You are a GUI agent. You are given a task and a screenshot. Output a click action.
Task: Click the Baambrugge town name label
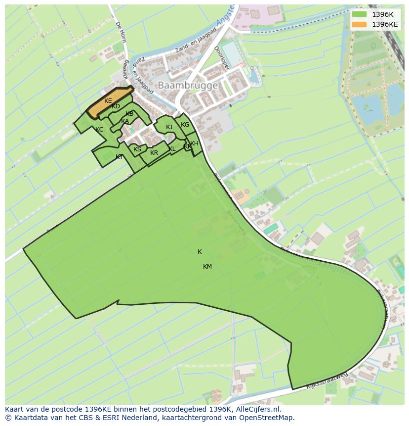tap(187, 86)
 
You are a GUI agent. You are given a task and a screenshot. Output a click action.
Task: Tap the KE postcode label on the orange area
tap(108, 101)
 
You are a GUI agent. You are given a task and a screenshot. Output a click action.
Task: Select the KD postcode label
tap(116, 106)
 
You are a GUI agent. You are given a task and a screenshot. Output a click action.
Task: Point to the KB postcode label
tap(129, 114)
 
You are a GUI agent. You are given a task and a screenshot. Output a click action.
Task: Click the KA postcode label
tap(125, 121)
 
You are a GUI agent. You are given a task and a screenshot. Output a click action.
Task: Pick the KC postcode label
tap(99, 130)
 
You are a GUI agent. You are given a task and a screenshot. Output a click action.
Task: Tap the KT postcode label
tap(119, 157)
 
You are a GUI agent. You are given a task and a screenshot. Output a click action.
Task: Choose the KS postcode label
tap(137, 149)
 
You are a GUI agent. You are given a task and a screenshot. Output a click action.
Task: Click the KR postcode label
tap(154, 153)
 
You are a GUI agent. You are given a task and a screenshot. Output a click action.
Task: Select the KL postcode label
tap(172, 149)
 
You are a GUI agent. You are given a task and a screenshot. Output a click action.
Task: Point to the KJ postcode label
tap(169, 127)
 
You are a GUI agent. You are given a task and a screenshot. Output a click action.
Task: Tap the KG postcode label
tap(185, 125)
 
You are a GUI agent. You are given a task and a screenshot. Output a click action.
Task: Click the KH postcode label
tap(194, 143)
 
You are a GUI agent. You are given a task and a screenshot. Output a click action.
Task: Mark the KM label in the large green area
tap(207, 267)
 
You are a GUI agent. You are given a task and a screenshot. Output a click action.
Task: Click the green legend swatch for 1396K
tap(359, 14)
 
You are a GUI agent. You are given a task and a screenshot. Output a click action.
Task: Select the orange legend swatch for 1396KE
tap(359, 24)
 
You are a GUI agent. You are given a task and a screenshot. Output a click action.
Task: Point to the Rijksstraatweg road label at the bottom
tap(327, 381)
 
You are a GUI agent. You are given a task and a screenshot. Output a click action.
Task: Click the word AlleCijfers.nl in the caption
tap(257, 409)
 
